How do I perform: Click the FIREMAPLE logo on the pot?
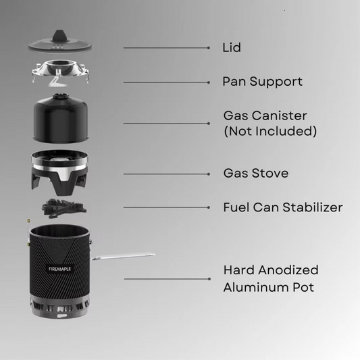[59, 269]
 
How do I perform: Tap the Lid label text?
[232, 47]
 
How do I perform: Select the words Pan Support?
[263, 82]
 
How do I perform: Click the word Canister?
[280, 115]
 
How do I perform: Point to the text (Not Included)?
[270, 131]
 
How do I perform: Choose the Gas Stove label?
[256, 173]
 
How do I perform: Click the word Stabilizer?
[313, 207]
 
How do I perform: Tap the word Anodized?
[288, 269]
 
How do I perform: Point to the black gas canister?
[61, 118]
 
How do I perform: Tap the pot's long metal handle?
[123, 257]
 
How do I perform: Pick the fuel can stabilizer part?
[64, 208]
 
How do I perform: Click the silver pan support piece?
[60, 72]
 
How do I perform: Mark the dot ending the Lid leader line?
[209, 48]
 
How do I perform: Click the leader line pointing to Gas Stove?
[167, 174]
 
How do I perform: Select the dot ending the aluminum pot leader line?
[209, 279]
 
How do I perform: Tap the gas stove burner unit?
[59, 172]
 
